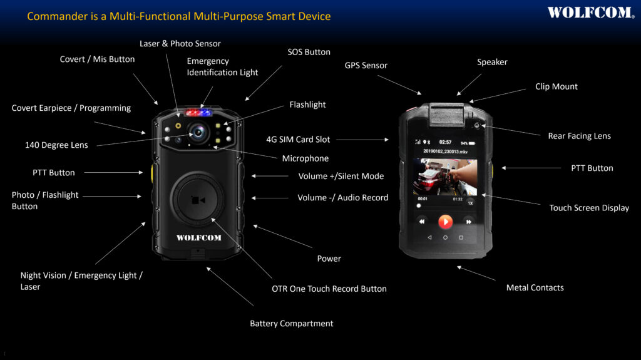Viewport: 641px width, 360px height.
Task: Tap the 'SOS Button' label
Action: click(309, 52)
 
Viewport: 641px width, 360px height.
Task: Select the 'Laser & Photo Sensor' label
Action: click(180, 44)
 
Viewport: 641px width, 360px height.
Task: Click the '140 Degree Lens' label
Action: click(56, 145)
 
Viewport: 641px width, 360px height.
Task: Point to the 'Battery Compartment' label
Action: click(291, 324)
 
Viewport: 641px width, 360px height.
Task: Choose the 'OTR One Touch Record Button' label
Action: click(329, 289)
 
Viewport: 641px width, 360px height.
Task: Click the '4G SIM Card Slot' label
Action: click(298, 139)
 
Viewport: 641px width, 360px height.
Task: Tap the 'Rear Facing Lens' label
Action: click(579, 136)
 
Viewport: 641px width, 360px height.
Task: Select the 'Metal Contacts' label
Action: click(535, 287)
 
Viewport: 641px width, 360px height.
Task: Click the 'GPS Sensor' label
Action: click(366, 65)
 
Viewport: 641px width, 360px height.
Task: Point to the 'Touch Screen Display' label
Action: click(589, 208)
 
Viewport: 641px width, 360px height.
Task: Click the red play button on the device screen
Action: click(445, 222)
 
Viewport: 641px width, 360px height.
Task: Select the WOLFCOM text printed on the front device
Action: click(198, 238)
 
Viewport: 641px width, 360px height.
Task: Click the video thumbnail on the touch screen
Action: click(444, 177)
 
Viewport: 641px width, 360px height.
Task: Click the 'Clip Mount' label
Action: click(556, 86)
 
